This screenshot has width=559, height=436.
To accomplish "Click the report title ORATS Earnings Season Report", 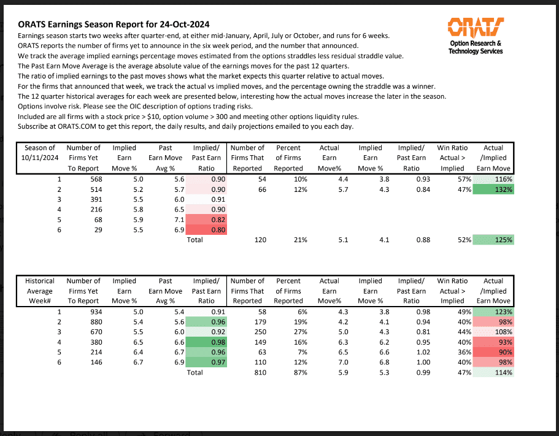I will [114, 25].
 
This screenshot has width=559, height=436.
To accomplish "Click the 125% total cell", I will [493, 240].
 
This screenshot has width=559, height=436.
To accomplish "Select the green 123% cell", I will [493, 312].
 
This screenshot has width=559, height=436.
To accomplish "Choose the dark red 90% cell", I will [493, 352].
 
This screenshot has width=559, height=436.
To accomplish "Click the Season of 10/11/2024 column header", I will [40, 158].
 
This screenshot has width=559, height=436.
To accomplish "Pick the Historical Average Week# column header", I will [40, 291].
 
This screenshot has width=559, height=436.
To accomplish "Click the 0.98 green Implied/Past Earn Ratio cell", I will [206, 342].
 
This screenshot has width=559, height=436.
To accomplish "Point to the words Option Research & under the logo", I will [476, 44].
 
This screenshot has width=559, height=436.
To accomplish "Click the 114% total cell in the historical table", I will [493, 372].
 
